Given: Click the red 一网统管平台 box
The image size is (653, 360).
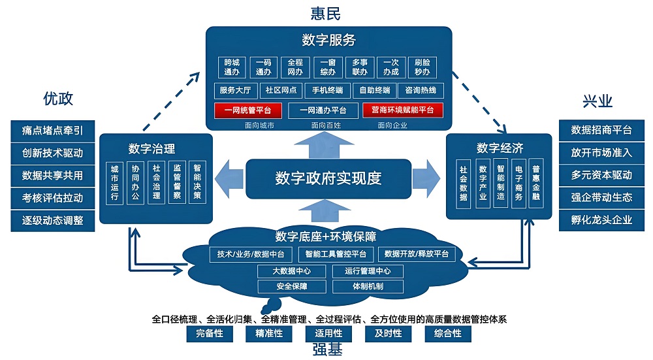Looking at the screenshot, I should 247,110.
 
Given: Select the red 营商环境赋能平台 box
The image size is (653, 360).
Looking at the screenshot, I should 403,110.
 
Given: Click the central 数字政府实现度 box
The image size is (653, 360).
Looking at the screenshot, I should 328,178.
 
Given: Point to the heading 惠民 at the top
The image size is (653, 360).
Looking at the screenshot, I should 326,12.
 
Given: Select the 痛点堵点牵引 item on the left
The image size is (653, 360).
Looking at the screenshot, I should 52,130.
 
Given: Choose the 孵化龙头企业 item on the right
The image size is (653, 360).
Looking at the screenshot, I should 601,219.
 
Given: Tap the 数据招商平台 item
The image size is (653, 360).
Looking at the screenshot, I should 601,130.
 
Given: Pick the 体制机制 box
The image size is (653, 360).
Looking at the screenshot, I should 368,286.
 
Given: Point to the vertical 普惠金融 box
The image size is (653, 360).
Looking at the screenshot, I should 535,182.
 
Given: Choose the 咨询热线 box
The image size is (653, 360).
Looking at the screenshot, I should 421,90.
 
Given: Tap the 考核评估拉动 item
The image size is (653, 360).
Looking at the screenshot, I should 52,197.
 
